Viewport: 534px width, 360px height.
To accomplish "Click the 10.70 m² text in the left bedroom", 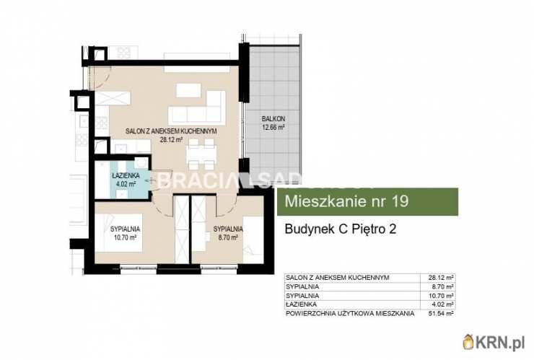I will [125, 236].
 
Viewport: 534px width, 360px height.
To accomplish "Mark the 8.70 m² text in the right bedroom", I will [227, 236].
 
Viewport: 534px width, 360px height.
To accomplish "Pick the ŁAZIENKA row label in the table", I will [301, 304].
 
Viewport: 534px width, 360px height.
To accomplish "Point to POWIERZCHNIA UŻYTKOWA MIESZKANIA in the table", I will [350, 314].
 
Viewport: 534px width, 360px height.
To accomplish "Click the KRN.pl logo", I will [497, 343].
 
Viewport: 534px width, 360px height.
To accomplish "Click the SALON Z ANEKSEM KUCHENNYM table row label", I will [338, 278].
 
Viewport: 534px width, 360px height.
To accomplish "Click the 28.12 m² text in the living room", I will [172, 140].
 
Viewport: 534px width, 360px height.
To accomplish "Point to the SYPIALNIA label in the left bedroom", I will [125, 228].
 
